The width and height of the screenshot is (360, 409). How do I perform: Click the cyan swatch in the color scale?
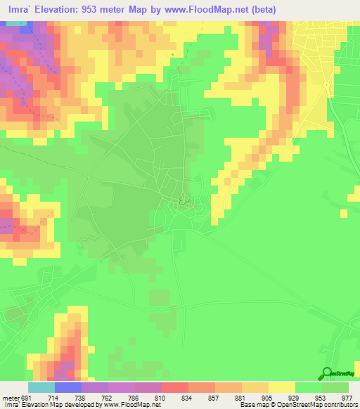tap(41, 387)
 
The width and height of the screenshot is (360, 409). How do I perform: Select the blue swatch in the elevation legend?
tap(67, 387)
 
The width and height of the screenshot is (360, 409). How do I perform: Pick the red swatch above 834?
tap(174, 387)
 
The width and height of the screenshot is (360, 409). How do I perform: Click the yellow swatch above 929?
tap(281, 387)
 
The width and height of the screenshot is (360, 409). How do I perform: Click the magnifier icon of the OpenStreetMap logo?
tap(327, 374)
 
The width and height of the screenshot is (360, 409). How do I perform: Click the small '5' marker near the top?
tap(172, 54)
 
